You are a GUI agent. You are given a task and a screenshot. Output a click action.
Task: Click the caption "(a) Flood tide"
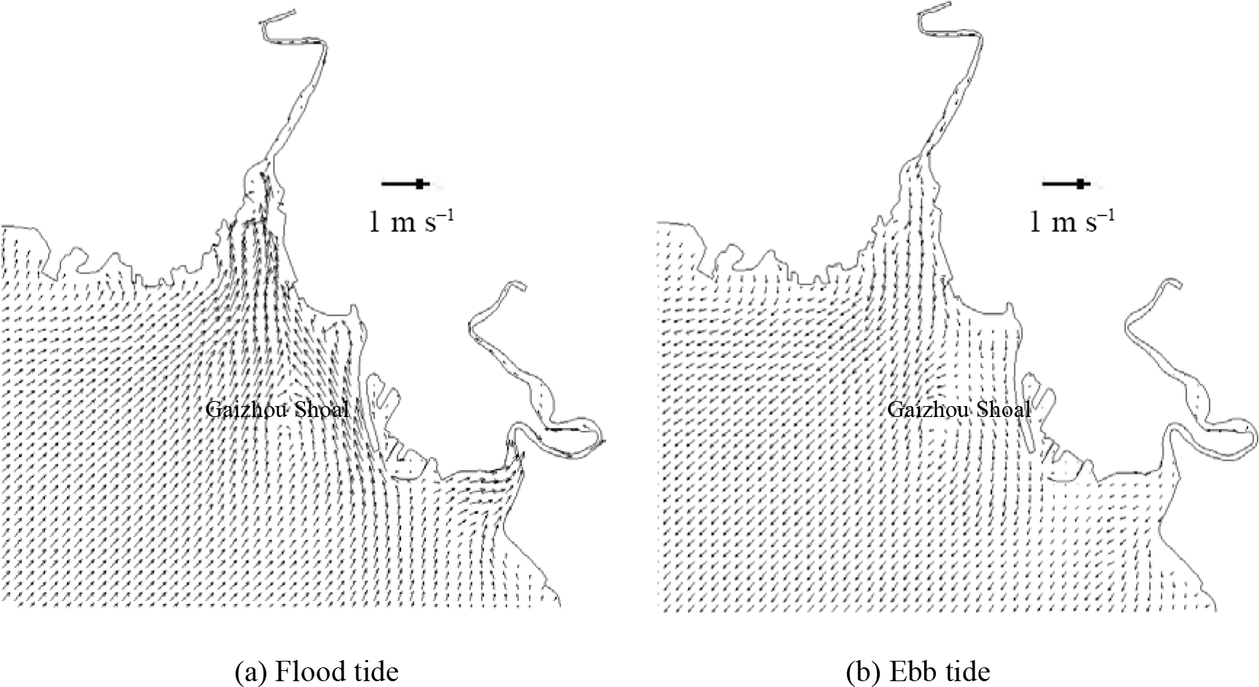(x=316, y=670)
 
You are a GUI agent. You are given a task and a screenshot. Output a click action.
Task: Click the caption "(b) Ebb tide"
(x=918, y=670)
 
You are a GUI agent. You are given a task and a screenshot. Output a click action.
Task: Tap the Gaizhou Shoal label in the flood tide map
(x=277, y=410)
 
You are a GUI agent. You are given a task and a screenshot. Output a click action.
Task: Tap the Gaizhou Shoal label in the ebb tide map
(x=958, y=410)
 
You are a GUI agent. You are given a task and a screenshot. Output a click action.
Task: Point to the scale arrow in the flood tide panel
(x=405, y=184)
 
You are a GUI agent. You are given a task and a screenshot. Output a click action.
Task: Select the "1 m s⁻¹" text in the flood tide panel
(x=411, y=221)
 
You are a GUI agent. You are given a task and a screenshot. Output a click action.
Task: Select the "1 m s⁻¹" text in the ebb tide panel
(x=1071, y=221)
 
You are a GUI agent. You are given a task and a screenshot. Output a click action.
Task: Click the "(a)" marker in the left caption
(x=250, y=671)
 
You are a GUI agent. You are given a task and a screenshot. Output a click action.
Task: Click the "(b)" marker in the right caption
(x=862, y=671)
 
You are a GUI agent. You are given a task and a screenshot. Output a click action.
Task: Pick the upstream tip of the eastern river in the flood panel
(x=521, y=284)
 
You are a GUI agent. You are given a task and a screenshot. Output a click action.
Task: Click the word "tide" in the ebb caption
(x=965, y=670)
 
